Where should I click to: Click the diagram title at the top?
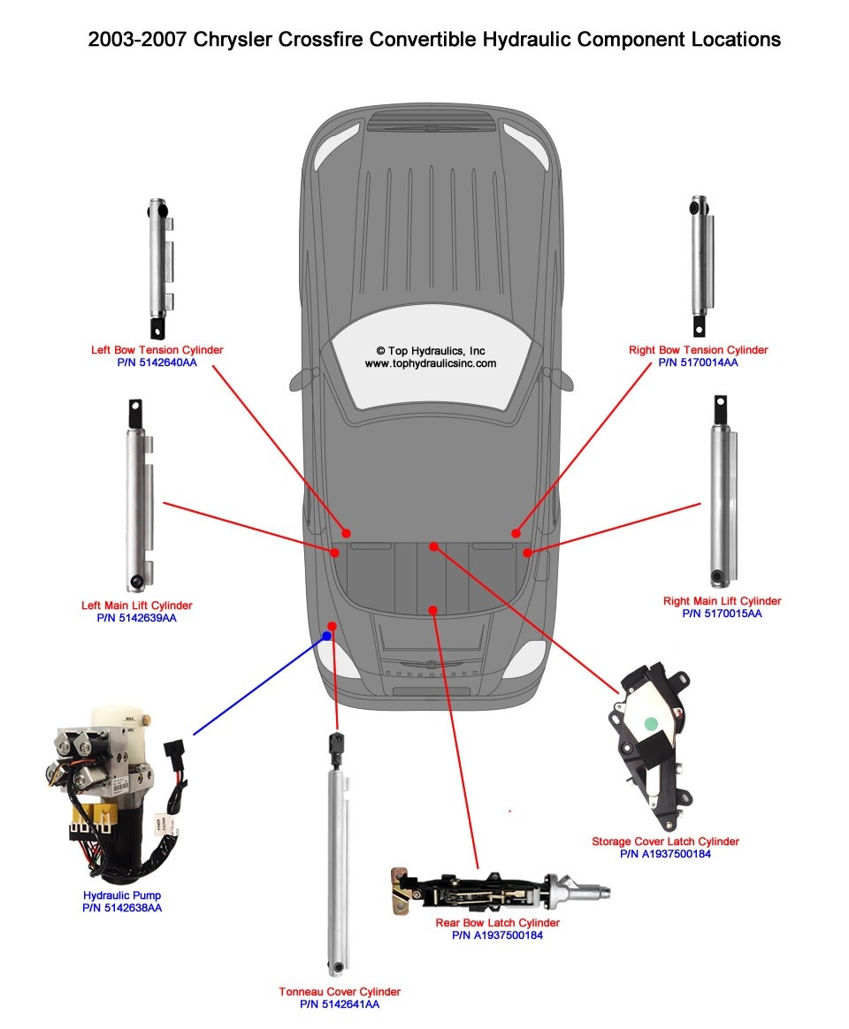(x=434, y=40)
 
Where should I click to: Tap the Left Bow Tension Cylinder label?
(x=157, y=350)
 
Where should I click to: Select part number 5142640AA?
(x=157, y=362)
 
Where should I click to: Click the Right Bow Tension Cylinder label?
(x=698, y=350)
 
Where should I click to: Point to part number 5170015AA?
(x=722, y=614)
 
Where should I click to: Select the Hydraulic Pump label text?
(x=122, y=896)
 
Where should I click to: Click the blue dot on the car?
(x=326, y=636)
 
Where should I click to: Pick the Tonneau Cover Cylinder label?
(x=340, y=992)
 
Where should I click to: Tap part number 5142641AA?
(x=340, y=1004)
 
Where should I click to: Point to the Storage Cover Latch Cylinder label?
(x=665, y=842)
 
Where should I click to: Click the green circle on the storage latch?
(x=651, y=722)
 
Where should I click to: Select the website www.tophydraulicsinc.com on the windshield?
(x=431, y=363)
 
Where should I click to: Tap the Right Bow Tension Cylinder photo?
(x=699, y=265)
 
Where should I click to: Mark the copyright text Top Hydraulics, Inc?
(x=431, y=351)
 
